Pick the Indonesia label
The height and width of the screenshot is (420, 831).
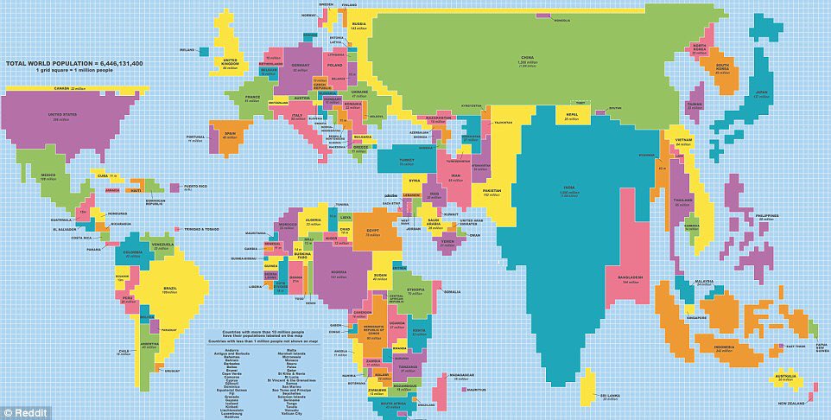pos(724,347)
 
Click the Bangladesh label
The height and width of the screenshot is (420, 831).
pos(629,277)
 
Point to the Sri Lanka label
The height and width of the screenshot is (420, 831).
pos(610,396)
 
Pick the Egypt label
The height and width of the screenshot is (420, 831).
pos(373,231)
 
